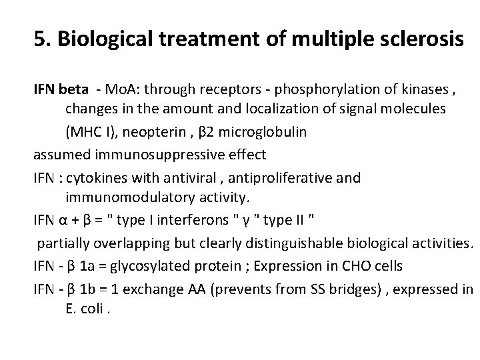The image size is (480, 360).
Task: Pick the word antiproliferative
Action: pos(273,177)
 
